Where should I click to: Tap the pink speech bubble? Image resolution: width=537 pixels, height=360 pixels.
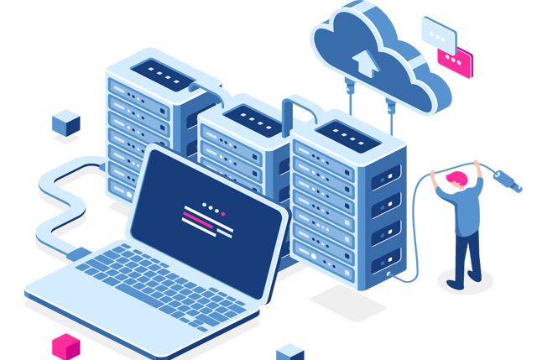(x=454, y=60)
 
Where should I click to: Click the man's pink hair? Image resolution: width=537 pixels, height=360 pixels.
(x=456, y=178)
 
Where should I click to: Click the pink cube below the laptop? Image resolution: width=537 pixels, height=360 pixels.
(x=65, y=345)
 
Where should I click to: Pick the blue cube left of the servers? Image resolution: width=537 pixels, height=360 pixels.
(x=65, y=123)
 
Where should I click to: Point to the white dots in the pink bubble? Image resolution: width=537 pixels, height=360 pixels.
(x=456, y=61)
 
